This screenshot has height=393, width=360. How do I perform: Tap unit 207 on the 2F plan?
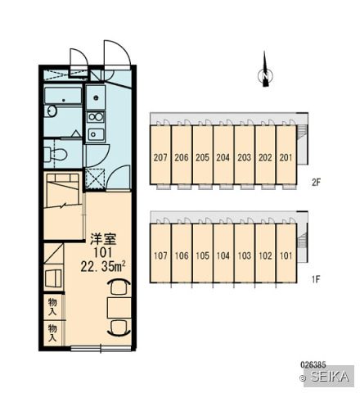tap(160, 155)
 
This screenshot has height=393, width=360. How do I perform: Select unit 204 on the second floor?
tap(223, 155)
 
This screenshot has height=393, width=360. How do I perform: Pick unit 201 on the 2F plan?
tap(286, 155)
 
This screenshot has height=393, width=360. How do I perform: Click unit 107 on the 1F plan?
tap(160, 253)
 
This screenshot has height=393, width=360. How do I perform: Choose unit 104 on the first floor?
tap(223, 253)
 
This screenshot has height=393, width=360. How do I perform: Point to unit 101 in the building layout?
tap(286, 253)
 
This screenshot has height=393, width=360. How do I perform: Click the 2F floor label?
tap(316, 182)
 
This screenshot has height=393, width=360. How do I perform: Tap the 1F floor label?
tap(316, 279)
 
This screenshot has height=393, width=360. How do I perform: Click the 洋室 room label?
tap(103, 239)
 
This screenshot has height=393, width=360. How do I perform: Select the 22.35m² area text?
tap(103, 267)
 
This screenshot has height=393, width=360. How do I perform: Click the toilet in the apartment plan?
tap(56, 155)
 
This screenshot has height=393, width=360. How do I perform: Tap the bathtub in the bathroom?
tap(63, 96)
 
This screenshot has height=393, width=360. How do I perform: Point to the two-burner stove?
tap(96, 117)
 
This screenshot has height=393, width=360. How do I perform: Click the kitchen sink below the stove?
tap(96, 134)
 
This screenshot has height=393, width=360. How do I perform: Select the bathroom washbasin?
tap(52, 111)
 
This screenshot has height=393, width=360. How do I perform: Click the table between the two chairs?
tap(119, 308)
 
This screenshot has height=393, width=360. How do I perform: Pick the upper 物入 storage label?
tap(52, 307)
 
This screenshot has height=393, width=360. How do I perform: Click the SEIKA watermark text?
tap(330, 377)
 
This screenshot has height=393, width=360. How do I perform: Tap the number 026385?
tap(313, 364)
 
